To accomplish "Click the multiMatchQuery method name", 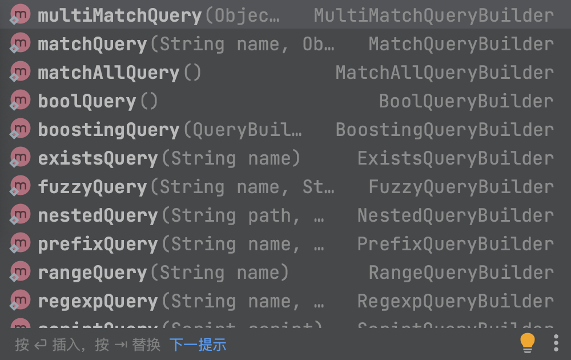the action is (119, 16).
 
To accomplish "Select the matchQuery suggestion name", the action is (93, 45).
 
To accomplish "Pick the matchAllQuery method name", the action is (108, 73).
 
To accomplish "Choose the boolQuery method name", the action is (87, 102).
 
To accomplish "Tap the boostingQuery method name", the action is (108, 130).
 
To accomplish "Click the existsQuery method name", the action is (98, 159).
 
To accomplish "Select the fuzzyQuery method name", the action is (93, 187).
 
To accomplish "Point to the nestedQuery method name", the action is (98, 216).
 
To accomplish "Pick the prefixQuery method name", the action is (98, 245).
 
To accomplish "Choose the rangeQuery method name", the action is (93, 273).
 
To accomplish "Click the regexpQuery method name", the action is (98, 302).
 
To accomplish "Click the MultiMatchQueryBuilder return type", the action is (433, 16).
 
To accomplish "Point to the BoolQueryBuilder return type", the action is (466, 102).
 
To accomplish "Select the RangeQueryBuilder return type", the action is (461, 273).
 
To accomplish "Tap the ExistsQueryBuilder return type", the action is (455, 159).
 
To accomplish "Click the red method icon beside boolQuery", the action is (20, 101).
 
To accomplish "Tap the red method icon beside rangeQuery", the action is (20, 272).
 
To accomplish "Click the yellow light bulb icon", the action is (528, 343).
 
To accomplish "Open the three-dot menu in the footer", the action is (556, 343).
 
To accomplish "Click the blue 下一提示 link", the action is (198, 345).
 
